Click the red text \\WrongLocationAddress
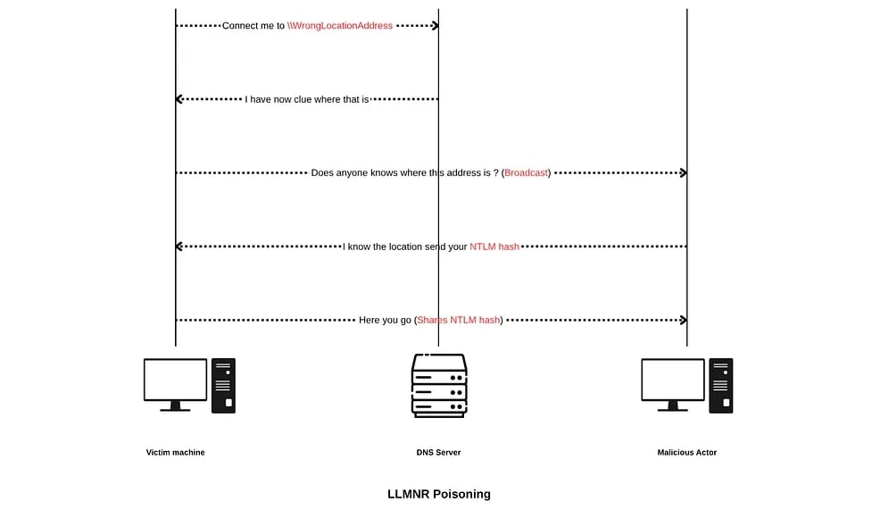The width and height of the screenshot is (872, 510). click(x=340, y=26)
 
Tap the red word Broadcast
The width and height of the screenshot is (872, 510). click(x=527, y=172)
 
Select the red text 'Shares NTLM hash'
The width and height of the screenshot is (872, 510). click(x=459, y=320)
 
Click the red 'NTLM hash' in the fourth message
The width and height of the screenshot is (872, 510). click(x=494, y=247)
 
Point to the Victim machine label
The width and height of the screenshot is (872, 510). click(x=176, y=453)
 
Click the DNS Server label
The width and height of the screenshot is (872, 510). click(x=438, y=453)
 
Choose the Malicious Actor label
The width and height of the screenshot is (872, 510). click(x=687, y=453)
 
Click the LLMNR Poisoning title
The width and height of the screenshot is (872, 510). click(x=438, y=494)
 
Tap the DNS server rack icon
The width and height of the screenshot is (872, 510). click(x=438, y=385)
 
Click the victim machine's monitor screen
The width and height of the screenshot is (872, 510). click(x=176, y=380)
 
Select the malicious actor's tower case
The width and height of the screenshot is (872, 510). click(x=721, y=385)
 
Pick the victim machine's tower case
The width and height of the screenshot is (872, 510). click(x=223, y=385)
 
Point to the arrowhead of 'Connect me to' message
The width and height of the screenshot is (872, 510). click(x=435, y=26)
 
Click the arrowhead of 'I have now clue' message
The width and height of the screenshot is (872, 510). click(x=179, y=99)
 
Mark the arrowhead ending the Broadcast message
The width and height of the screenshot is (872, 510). click(x=683, y=172)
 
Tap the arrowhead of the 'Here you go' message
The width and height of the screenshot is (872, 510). click(x=683, y=320)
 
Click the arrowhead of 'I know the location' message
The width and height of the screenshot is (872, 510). click(x=179, y=247)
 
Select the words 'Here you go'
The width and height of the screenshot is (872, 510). click(x=386, y=320)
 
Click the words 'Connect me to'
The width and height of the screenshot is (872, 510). click(x=253, y=26)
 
